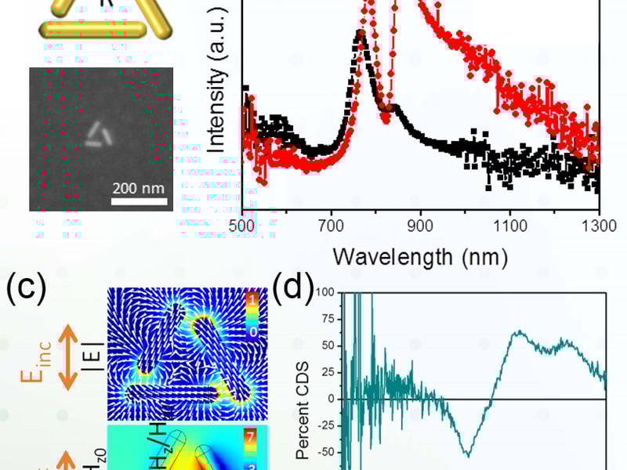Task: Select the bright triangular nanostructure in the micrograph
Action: coord(99,136)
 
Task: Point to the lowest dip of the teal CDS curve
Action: coord(468,454)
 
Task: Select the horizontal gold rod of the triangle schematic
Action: coord(93,28)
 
